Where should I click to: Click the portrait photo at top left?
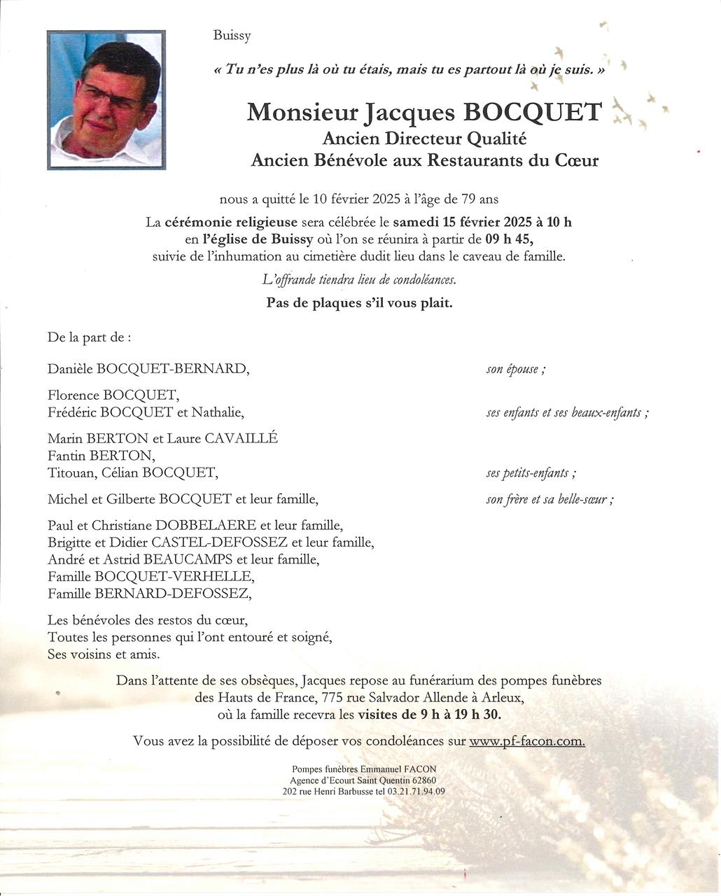pyautogui.click(x=106, y=99)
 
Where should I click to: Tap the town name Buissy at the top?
pyautogui.click(x=232, y=36)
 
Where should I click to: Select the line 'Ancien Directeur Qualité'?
pyautogui.click(x=424, y=139)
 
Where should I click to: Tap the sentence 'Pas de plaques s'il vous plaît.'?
pyautogui.click(x=359, y=303)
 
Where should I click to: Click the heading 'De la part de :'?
pyautogui.click(x=89, y=337)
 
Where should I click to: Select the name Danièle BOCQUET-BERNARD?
pyautogui.click(x=148, y=368)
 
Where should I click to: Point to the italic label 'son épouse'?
pyautogui.click(x=514, y=369)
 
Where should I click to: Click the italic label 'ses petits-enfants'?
pyautogui.click(x=530, y=473)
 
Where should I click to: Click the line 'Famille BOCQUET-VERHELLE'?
pyautogui.click(x=150, y=577)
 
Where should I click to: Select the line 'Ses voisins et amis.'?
pyautogui.click(x=104, y=654)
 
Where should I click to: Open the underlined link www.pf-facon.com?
pyautogui.click(x=526, y=741)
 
